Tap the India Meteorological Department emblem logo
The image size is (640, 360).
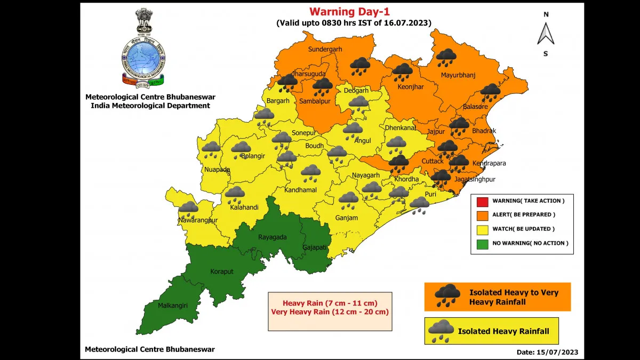point(142,48)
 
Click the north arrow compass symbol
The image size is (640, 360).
point(546,34)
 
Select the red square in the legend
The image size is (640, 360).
point(482,201)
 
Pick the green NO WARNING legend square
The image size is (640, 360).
point(482,243)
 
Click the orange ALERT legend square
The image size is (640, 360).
point(482,215)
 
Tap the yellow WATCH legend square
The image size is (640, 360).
point(482,229)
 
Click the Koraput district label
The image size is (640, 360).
point(222,271)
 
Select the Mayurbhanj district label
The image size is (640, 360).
point(458,75)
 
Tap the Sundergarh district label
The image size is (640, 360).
point(325,50)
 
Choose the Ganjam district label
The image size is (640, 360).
point(347,218)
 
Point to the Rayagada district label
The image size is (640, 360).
point(271,237)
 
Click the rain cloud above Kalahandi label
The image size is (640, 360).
point(235,193)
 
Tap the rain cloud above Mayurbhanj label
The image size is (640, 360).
point(446,56)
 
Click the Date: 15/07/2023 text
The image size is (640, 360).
point(547,353)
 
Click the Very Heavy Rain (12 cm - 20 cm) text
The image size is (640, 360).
point(330,312)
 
